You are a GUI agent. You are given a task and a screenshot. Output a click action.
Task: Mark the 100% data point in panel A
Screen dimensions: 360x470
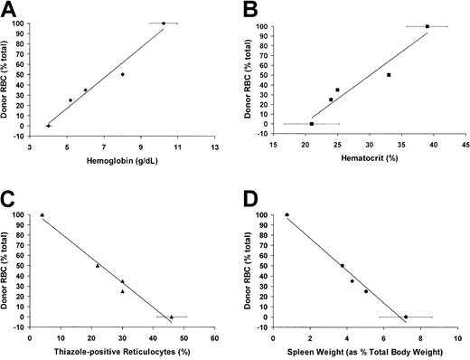[x=164, y=24]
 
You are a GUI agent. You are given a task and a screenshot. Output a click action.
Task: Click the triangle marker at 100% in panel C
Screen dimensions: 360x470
[x=42, y=215]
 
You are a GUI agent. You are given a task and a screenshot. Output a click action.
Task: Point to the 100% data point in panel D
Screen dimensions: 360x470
[x=287, y=215]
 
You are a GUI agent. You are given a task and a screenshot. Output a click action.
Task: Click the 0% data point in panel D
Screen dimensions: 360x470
[x=406, y=317]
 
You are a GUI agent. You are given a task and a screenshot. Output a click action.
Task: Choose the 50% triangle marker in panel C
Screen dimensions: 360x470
[x=98, y=266]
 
